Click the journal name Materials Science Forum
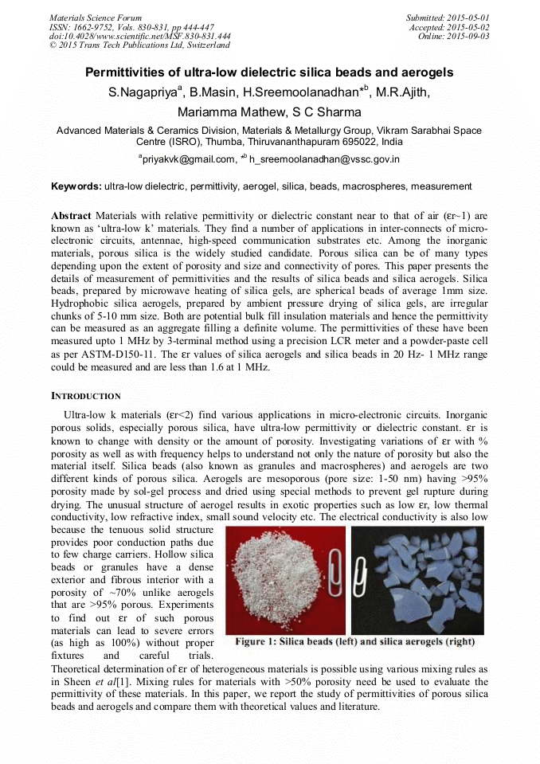click(x=96, y=18)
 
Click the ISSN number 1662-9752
click(x=98, y=27)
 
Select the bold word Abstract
click(x=71, y=216)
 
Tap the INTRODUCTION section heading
click(x=86, y=396)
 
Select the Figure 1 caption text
click(x=355, y=641)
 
